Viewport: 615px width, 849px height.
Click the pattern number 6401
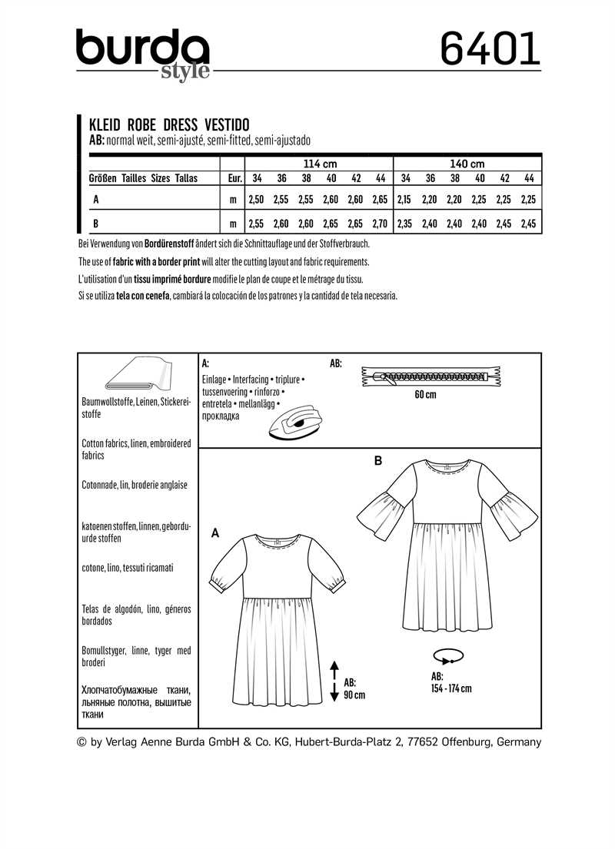tap(490, 51)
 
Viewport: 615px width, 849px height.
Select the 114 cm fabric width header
tap(320, 164)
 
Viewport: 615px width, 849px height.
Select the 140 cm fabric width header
tap(467, 164)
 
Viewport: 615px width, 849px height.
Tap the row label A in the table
tap(95, 199)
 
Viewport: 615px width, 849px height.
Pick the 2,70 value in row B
tap(380, 224)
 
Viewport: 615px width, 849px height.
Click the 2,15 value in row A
tap(405, 199)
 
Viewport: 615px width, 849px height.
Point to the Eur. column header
tap(232, 178)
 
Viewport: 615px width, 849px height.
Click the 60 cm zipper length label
tap(424, 395)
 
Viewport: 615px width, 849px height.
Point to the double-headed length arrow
tap(334, 680)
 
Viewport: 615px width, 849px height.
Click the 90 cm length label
tap(354, 695)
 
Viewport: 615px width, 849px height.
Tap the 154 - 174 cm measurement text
tap(451, 688)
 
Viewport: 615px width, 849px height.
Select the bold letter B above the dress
tap(377, 461)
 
